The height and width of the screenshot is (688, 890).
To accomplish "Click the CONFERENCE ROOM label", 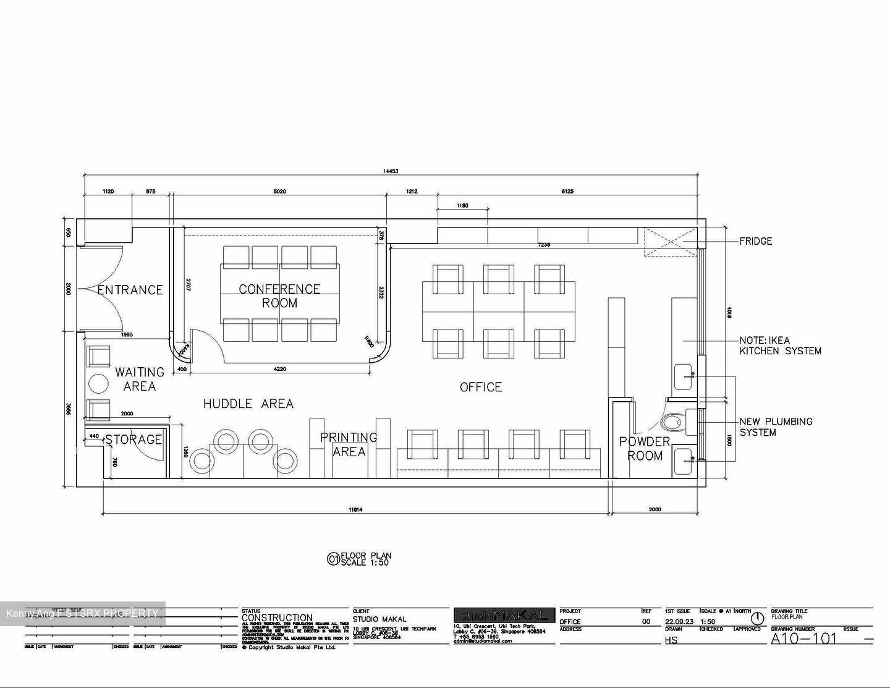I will pyautogui.click(x=279, y=296).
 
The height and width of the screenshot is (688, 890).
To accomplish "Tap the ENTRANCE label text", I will pyautogui.click(x=130, y=290).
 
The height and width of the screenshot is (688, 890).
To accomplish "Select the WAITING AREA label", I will pyautogui.click(x=140, y=379).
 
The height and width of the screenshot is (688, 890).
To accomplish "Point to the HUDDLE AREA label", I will pyautogui.click(x=248, y=404).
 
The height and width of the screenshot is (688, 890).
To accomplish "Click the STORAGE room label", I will pyautogui.click(x=133, y=440).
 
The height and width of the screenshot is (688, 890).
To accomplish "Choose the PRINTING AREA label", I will pyautogui.click(x=349, y=444).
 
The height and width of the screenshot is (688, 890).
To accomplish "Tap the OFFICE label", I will pyautogui.click(x=481, y=387).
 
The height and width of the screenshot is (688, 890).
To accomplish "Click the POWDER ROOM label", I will pyautogui.click(x=645, y=448).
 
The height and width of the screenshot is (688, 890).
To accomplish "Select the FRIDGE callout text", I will pyautogui.click(x=755, y=241).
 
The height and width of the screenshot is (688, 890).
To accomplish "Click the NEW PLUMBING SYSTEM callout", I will pyautogui.click(x=776, y=427).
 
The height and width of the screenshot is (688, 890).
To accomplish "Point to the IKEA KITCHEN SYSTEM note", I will pyautogui.click(x=780, y=346).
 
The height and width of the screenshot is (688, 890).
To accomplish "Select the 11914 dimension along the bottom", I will pyautogui.click(x=355, y=509).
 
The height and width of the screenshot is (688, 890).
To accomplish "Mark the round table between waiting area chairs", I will pyautogui.click(x=99, y=384).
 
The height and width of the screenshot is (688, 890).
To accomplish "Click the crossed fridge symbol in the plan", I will pyautogui.click(x=670, y=242).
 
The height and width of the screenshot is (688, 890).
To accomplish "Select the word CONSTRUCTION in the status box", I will pyautogui.click(x=277, y=618).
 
